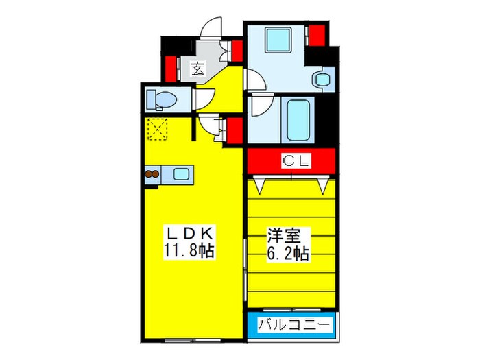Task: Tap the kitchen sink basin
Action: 182,173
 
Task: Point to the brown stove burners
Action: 152,174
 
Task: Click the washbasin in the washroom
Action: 322,79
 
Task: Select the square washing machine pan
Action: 278,40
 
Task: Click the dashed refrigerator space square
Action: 158,129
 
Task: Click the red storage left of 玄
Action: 171,68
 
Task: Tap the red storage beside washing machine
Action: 316,34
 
